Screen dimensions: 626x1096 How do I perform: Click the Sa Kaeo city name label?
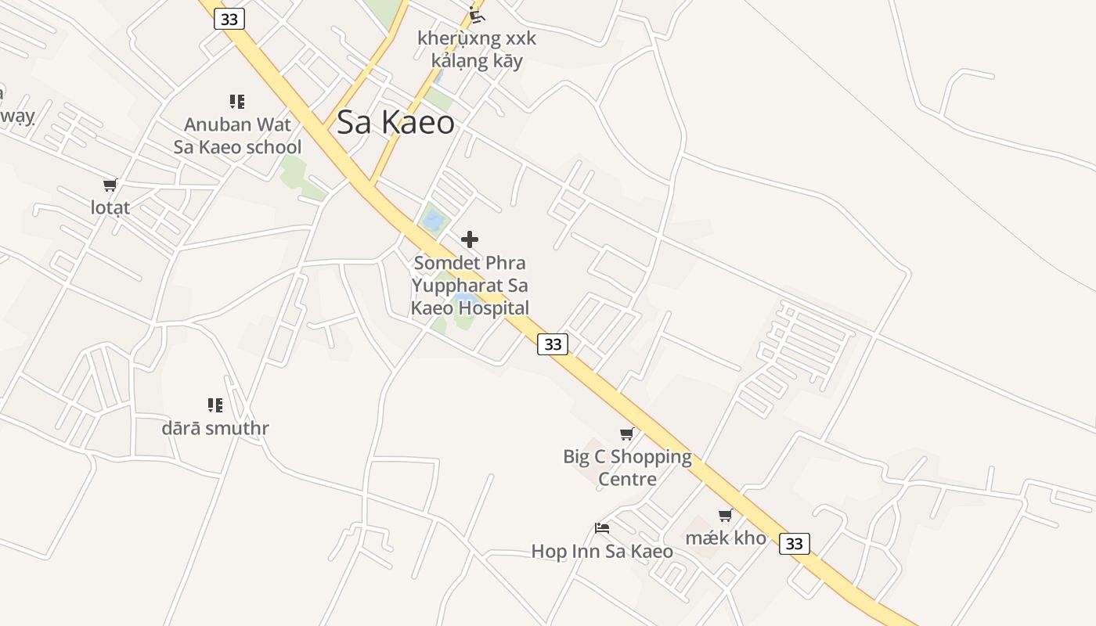click(395, 123)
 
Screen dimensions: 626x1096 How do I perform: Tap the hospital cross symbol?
click(470, 239)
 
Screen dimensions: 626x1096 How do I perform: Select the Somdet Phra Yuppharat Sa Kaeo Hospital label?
click(470, 286)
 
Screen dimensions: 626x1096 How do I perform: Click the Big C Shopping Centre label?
click(627, 467)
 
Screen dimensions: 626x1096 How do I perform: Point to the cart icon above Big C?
click(626, 434)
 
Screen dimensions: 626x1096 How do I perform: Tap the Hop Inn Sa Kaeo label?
click(602, 551)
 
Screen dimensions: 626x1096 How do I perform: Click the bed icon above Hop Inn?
click(602, 528)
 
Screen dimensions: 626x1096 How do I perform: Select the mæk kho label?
click(726, 538)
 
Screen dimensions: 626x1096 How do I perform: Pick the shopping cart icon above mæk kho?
click(726, 515)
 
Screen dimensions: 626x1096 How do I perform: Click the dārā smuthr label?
click(215, 428)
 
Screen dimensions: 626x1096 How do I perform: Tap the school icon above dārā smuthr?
click(215, 405)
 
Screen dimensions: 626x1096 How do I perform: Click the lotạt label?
click(110, 207)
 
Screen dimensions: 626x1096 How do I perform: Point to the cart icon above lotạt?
click(110, 185)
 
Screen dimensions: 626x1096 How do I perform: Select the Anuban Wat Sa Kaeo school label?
click(237, 135)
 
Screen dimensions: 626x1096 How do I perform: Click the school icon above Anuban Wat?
click(237, 101)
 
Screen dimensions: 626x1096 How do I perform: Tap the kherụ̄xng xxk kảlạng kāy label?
click(477, 49)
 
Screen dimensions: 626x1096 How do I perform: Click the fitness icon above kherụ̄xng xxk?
click(477, 14)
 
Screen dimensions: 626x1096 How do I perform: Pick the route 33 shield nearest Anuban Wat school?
click(229, 19)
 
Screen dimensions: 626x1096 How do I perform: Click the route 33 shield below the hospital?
click(553, 344)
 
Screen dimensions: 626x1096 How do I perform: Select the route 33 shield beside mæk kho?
click(794, 543)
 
